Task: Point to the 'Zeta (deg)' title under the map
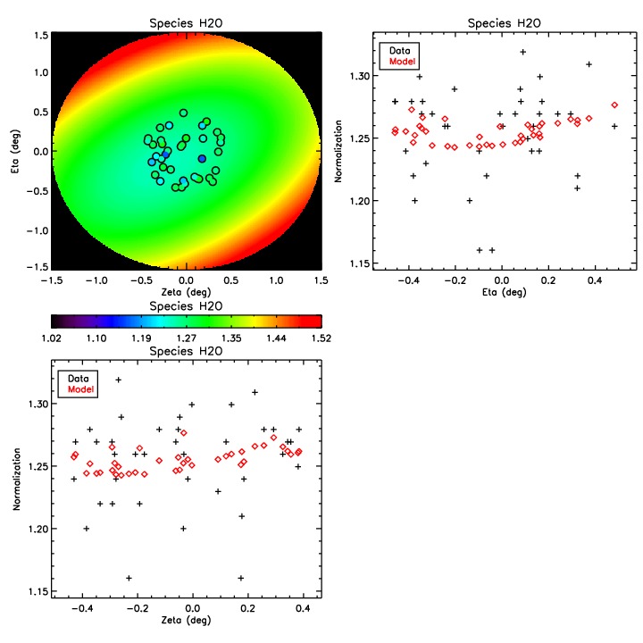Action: click(x=185, y=292)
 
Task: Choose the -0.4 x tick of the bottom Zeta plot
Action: click(x=83, y=612)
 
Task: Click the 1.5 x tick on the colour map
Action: click(x=320, y=280)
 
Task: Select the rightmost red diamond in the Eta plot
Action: click(x=614, y=105)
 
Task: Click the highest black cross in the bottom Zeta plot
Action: click(x=118, y=380)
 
